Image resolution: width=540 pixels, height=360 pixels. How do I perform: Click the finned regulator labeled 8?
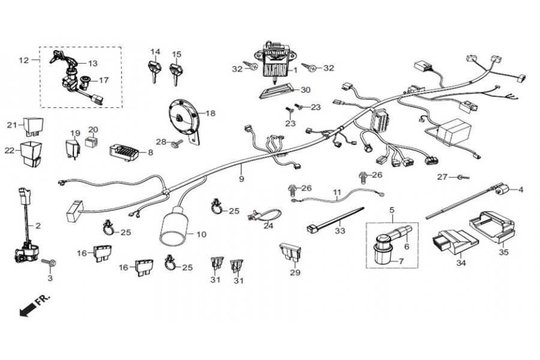click(x=124, y=153)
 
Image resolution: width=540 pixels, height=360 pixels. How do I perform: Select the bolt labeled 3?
click(x=49, y=262)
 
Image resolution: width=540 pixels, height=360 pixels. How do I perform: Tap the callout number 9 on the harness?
click(x=241, y=179)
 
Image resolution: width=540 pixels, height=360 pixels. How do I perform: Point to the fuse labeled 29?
click(x=290, y=253)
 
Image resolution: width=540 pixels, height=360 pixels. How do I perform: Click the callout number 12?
click(x=24, y=60)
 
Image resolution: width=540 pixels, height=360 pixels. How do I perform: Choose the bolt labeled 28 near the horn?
click(x=176, y=143)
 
